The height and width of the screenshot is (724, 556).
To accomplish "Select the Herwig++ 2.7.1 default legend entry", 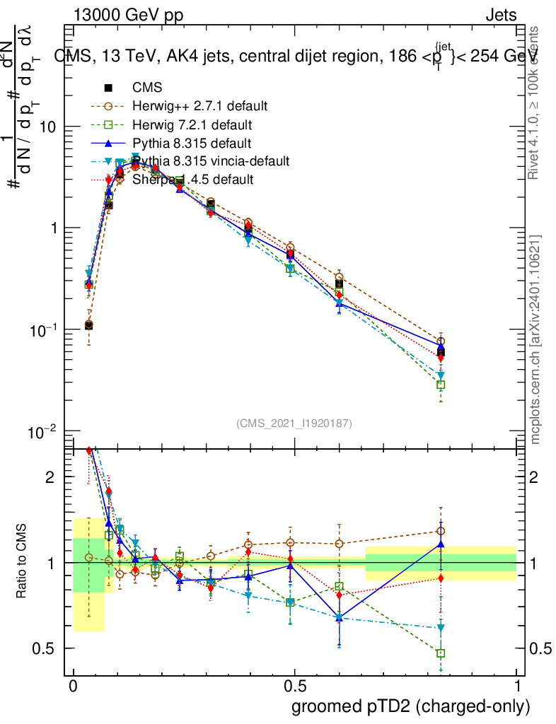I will point(199,106).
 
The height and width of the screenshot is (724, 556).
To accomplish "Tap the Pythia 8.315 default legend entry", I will point(191,143).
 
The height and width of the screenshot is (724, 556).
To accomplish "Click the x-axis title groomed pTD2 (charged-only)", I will point(410,706).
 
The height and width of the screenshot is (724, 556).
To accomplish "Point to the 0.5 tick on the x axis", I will point(295,686).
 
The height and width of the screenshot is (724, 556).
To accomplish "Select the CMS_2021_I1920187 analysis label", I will point(294,423).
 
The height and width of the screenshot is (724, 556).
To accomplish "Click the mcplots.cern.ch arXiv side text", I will point(535,339).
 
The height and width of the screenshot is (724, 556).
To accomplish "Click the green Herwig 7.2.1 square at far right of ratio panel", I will point(441,653).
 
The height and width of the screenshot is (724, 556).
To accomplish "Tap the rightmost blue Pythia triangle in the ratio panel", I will point(441,544).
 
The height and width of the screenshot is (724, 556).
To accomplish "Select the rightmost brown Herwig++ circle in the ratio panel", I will point(441,531).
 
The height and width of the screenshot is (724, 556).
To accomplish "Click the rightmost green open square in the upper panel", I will point(441,385).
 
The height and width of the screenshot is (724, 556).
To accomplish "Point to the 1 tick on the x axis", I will point(516,686).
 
